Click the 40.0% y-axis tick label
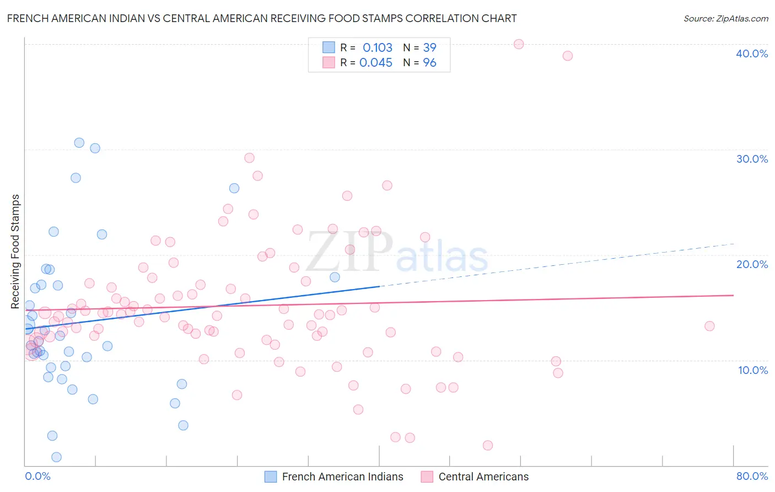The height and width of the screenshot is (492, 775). pos(751,54)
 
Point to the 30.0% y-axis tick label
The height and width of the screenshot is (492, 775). pos(751,159)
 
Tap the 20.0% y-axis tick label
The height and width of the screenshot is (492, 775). pos(751,264)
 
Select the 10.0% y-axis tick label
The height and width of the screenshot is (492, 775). pos(752,370)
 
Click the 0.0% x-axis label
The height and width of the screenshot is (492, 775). pos(37,476)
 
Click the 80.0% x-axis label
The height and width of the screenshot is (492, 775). pos(751,476)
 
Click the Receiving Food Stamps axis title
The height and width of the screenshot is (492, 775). pos(15,252)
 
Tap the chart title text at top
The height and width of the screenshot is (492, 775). pos(262,18)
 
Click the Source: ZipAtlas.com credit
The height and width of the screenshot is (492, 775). pos(725,18)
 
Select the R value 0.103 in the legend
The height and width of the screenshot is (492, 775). pos(377,48)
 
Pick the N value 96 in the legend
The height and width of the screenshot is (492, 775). pos(429,63)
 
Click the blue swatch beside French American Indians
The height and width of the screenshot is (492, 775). pos(271,477)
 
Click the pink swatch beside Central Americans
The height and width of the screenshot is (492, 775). pos(427,477)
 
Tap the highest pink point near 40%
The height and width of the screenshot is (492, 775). pos(518,44)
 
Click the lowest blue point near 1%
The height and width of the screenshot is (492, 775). pos(56,457)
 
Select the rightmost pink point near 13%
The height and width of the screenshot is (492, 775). pos(709,326)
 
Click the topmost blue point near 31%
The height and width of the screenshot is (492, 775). pos(79,143)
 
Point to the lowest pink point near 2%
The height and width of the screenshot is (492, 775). pos(487,446)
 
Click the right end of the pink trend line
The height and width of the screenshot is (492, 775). pos(733,295)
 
